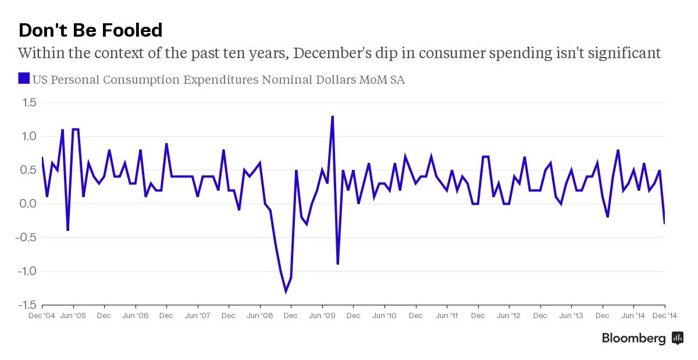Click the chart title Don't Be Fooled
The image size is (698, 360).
[x=90, y=30]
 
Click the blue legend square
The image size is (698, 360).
[x=24, y=79]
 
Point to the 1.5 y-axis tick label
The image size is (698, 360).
[x=29, y=102]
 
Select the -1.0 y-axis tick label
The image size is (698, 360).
[x=27, y=271]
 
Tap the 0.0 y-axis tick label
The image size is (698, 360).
[x=28, y=204]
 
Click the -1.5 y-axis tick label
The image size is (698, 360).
[x=27, y=305]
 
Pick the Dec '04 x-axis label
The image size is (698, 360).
[x=42, y=315]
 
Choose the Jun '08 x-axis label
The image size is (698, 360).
[x=260, y=315]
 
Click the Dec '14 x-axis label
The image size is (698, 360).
[x=665, y=315]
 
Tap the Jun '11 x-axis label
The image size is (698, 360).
[x=447, y=315]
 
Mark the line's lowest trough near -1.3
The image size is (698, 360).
[x=286, y=292]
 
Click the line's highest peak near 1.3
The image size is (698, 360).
[x=333, y=117]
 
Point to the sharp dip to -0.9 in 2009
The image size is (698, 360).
[x=338, y=263]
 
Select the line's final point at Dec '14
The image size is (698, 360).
[x=664, y=223]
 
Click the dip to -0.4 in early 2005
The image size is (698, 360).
[x=67, y=230]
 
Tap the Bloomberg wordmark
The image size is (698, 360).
[x=634, y=338]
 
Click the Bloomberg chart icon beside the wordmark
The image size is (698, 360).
[x=678, y=338]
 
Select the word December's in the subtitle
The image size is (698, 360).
[x=332, y=53]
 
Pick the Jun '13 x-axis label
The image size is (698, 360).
[x=571, y=315]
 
